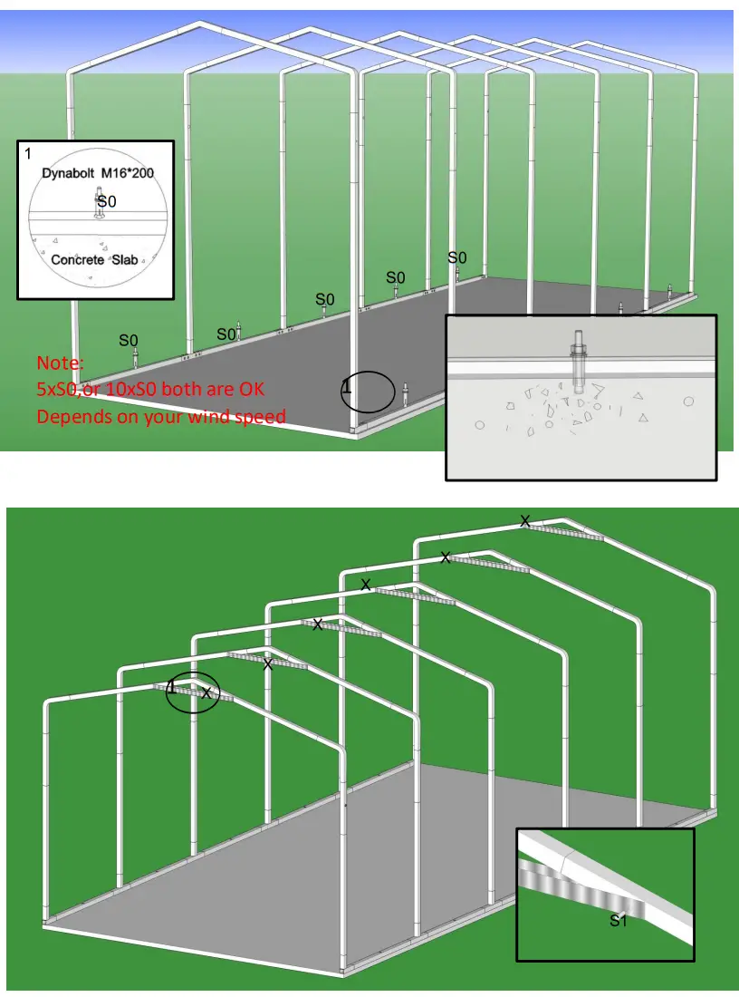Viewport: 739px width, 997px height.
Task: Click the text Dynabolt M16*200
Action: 95,172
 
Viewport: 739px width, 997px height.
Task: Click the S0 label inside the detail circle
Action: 107,202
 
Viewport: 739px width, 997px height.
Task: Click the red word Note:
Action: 60,363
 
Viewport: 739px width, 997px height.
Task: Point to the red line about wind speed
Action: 160,417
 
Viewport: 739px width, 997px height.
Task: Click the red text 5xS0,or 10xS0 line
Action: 150,390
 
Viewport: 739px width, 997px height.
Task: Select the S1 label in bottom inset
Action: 618,921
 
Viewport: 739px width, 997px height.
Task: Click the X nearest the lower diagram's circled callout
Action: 206,692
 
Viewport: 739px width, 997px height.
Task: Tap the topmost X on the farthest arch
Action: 524,521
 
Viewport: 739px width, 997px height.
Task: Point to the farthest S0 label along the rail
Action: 457,258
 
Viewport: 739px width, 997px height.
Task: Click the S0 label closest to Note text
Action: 129,341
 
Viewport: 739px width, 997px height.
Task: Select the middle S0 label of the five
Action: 324,299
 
